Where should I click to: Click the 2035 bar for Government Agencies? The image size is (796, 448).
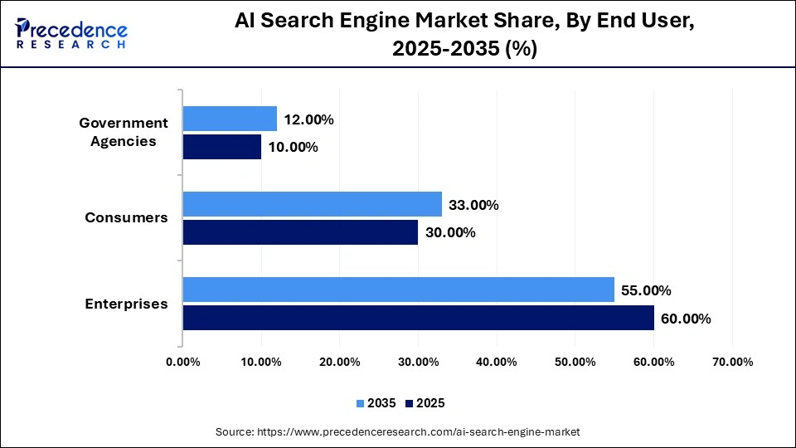click(x=230, y=119)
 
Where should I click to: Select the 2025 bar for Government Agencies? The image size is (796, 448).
click(x=222, y=147)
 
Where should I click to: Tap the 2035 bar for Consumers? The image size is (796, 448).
click(x=312, y=204)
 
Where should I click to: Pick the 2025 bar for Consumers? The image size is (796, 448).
click(x=300, y=232)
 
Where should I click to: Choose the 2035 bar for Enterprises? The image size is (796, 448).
click(x=398, y=290)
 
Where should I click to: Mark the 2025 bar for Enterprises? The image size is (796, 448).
click(x=418, y=318)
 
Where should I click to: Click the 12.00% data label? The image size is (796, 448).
click(x=308, y=119)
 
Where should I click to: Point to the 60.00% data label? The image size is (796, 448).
click(x=686, y=318)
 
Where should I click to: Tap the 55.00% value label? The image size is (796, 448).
click(x=646, y=290)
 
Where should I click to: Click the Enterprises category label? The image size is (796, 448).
click(x=126, y=304)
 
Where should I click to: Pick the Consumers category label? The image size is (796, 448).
click(x=126, y=218)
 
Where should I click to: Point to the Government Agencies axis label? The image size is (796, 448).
click(x=124, y=132)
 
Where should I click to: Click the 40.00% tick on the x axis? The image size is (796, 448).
click(x=497, y=362)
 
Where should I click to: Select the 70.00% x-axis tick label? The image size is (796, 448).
click(x=732, y=362)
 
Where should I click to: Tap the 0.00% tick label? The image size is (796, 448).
click(x=182, y=362)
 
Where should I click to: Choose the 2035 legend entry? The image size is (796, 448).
click(x=377, y=403)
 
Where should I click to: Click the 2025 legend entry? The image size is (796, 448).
click(x=425, y=403)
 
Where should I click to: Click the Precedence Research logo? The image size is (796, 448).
click(x=71, y=33)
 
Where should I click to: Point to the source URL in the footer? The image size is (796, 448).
click(x=397, y=431)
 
